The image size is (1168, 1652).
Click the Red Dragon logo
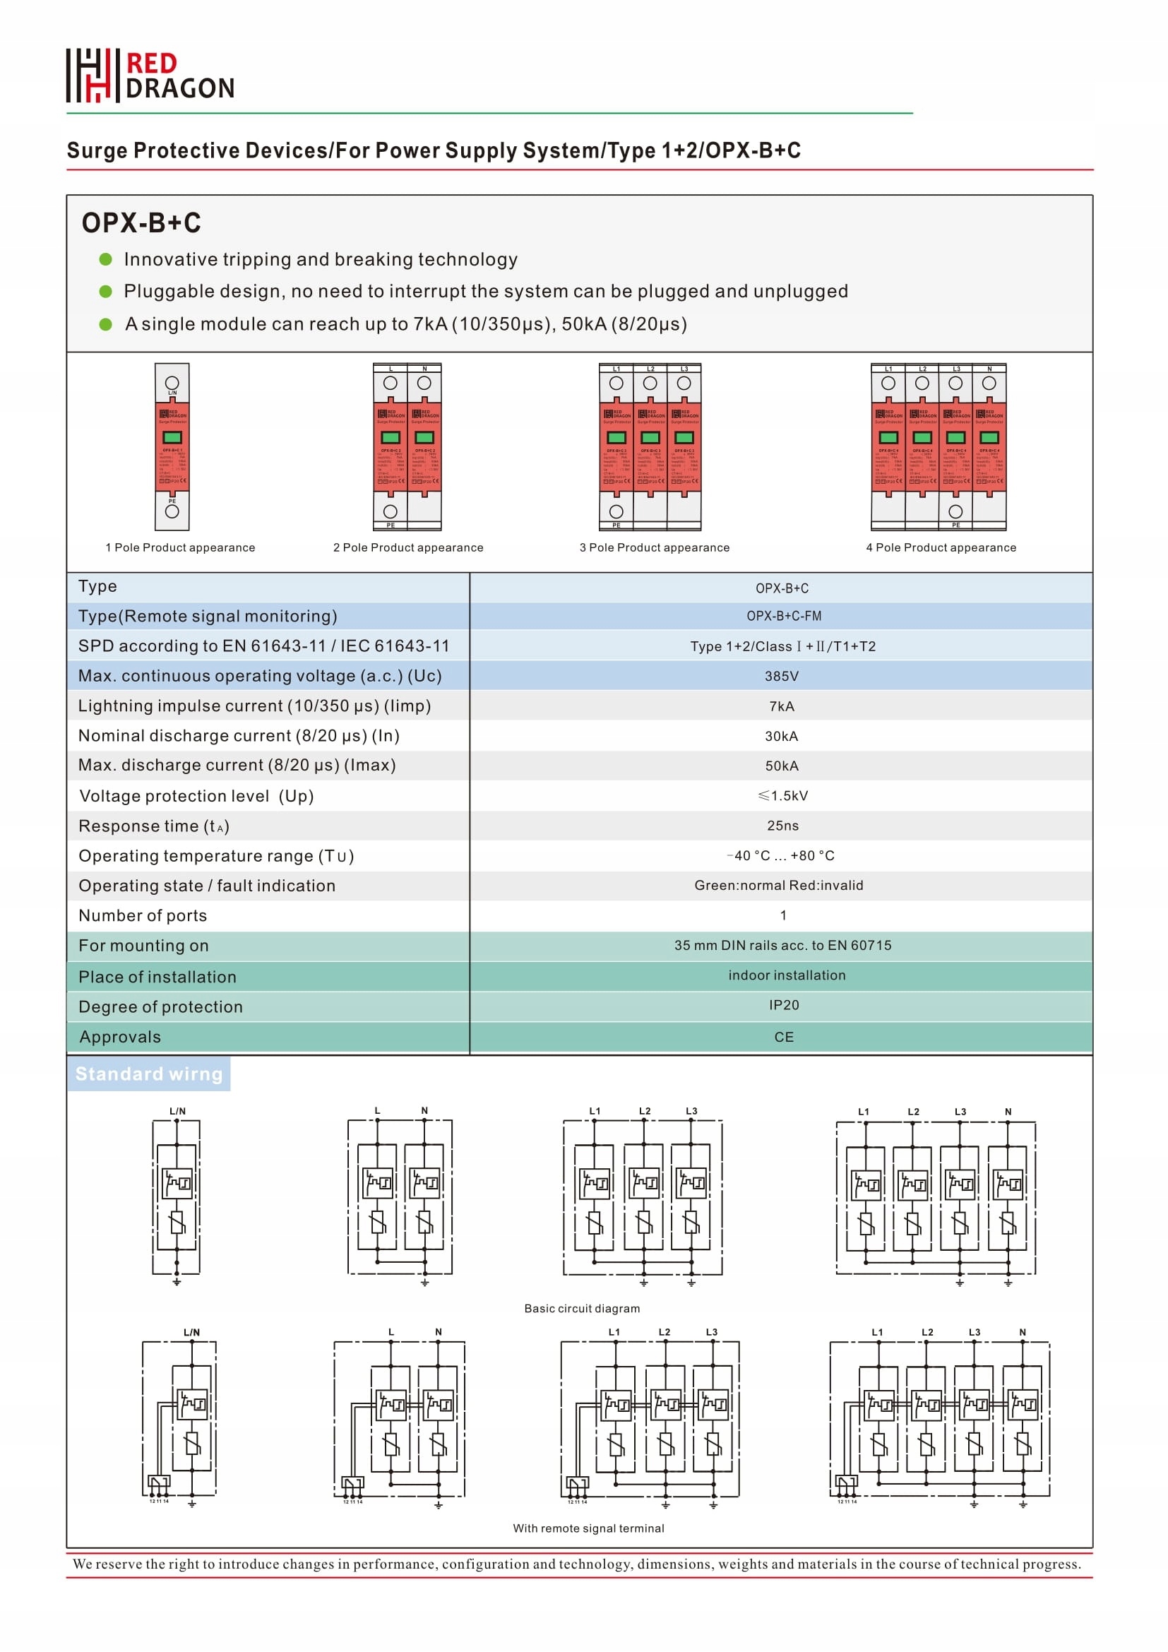150,76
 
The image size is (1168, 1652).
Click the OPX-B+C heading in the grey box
141,223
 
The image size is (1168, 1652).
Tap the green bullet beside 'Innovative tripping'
106,259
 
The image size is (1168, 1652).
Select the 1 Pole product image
172,446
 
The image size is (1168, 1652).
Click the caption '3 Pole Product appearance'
655,547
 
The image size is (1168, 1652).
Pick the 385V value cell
782,677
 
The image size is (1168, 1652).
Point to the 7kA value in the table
782,706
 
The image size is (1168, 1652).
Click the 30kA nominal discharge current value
782,736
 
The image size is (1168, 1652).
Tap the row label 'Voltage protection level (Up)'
196,796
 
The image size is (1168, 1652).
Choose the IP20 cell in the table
784,1005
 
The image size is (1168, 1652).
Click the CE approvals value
784,1037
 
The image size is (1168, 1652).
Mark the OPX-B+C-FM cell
784,616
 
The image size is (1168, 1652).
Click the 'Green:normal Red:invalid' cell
779,886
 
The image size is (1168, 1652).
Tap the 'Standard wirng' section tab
149,1074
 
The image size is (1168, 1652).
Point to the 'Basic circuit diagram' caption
582,1309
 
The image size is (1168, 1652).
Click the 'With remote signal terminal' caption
588,1528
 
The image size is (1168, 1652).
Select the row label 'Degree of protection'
160,1006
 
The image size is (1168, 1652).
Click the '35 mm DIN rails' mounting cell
782,946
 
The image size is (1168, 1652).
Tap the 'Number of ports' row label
143,915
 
